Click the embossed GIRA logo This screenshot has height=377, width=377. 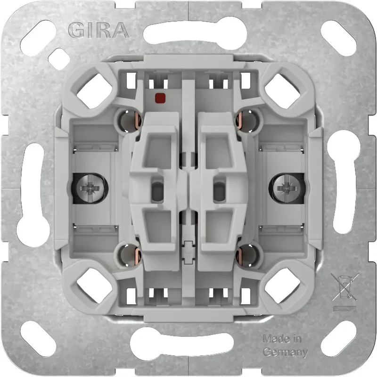98,30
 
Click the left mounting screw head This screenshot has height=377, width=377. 90,188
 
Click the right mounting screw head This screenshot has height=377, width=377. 287,188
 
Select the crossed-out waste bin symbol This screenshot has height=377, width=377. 345,287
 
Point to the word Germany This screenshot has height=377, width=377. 285,352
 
